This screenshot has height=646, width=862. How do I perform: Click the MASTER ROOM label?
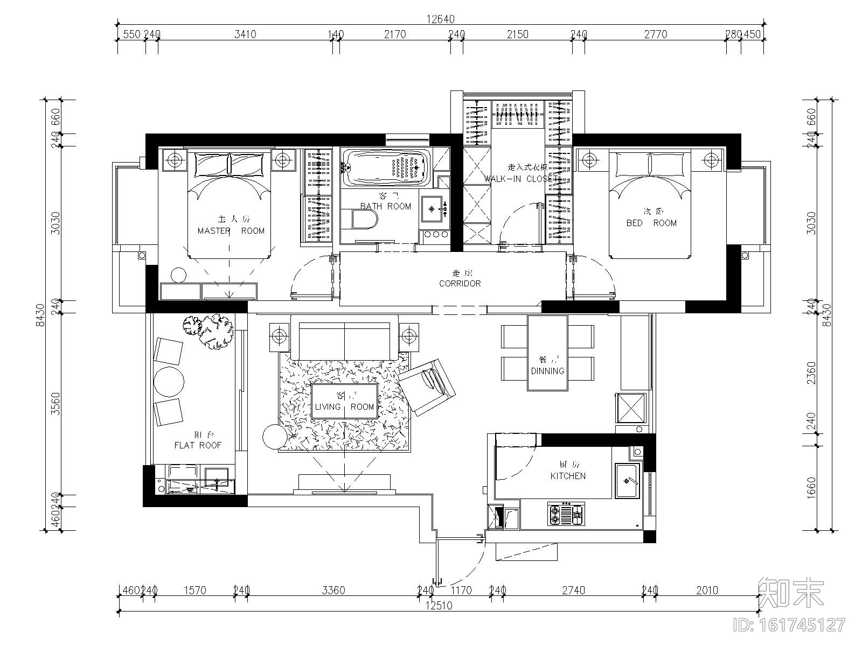pyautogui.click(x=231, y=231)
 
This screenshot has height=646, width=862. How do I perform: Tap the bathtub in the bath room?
pyautogui.click(x=387, y=167)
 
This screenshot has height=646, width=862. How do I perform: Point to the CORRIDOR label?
pyautogui.click(x=460, y=283)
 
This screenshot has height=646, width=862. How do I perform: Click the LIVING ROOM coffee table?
pyautogui.click(x=345, y=401)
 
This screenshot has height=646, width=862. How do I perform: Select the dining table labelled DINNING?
pyautogui.click(x=547, y=353)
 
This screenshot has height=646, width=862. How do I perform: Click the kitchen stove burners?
pyautogui.click(x=566, y=514)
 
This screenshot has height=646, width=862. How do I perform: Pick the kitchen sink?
pyautogui.click(x=627, y=480)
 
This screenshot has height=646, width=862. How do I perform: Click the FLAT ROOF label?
pyautogui.click(x=198, y=445)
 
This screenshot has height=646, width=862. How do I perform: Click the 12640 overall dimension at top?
pyautogui.click(x=440, y=19)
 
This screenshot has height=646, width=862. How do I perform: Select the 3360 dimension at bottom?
pyautogui.click(x=333, y=590)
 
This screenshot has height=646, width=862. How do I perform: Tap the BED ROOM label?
pyautogui.click(x=651, y=223)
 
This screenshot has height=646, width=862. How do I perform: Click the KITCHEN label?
pyautogui.click(x=568, y=476)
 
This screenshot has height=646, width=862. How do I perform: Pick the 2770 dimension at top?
pyautogui.click(x=656, y=34)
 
